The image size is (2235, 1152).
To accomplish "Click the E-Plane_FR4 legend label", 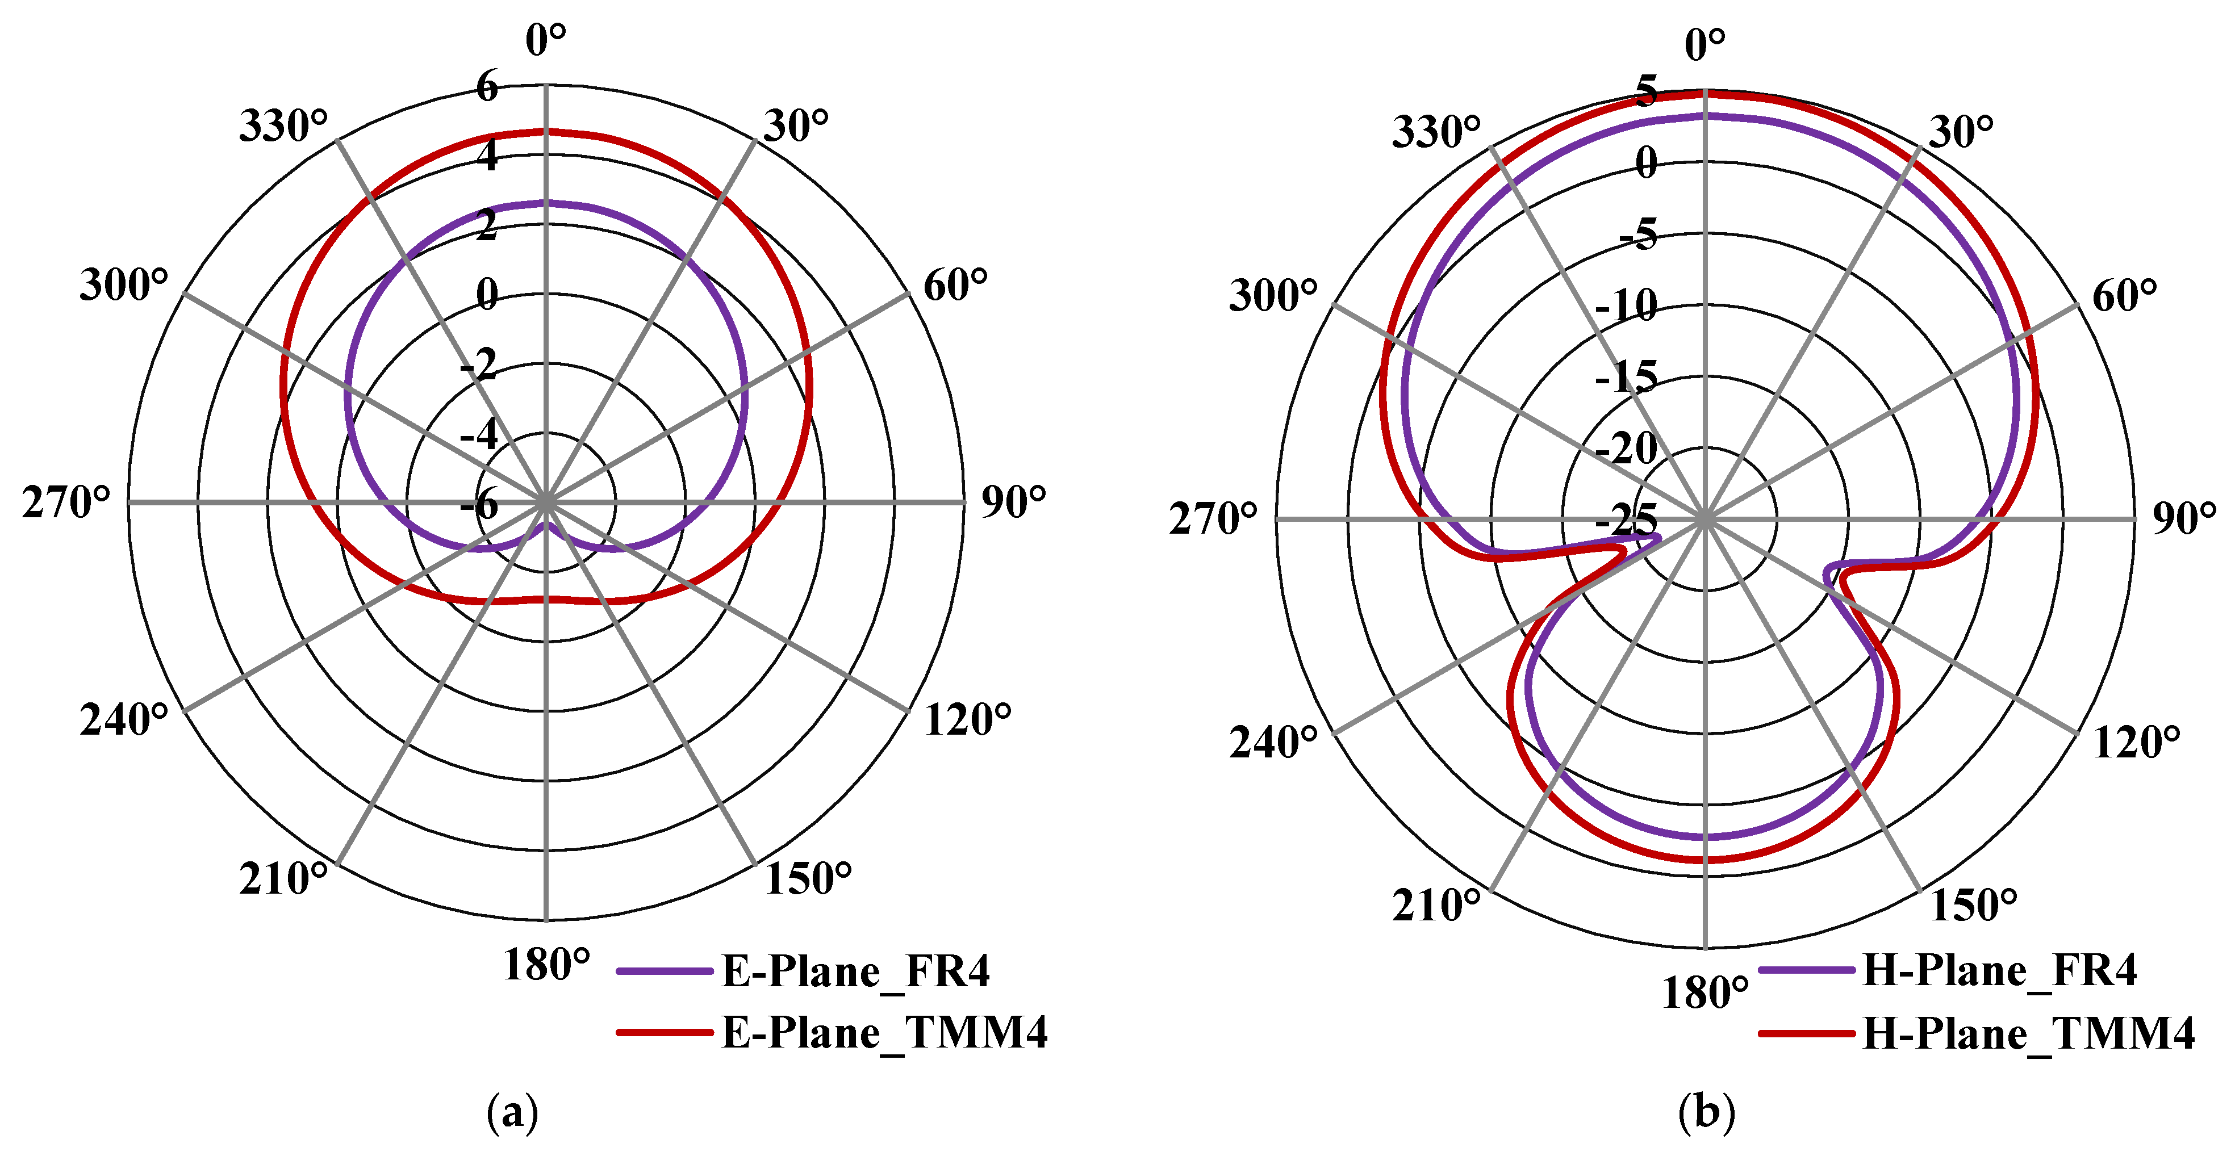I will pos(855,971).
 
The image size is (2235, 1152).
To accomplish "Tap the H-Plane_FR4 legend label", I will pos(2000,970).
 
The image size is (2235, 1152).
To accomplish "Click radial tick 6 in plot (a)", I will pos(487,87).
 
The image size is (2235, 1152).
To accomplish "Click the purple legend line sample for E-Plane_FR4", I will pos(664,971).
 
